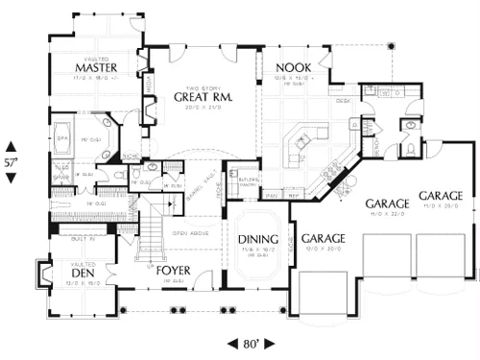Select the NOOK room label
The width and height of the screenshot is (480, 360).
point(291,67)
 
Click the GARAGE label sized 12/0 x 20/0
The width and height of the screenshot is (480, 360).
point(323,238)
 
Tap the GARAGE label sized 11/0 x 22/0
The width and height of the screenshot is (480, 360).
point(388,204)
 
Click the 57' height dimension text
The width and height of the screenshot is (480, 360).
point(12,162)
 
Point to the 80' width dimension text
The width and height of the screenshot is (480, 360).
point(252,342)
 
